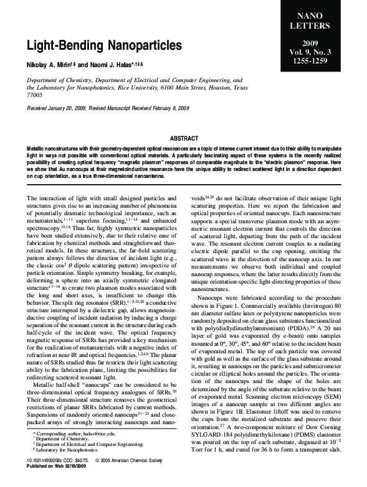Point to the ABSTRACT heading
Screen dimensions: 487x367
[183, 138]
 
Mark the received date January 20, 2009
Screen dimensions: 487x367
[77, 108]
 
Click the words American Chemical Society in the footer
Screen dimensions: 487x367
[146, 476]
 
